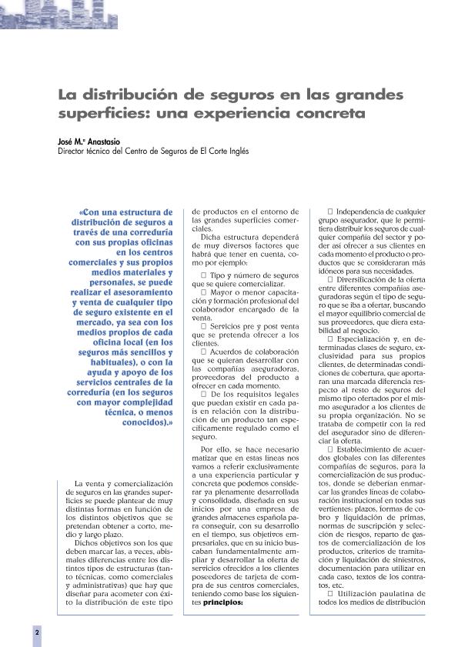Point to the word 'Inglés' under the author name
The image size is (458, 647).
tap(236, 152)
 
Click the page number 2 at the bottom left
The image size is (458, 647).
tap(36, 631)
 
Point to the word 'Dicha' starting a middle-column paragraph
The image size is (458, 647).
tap(210, 238)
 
